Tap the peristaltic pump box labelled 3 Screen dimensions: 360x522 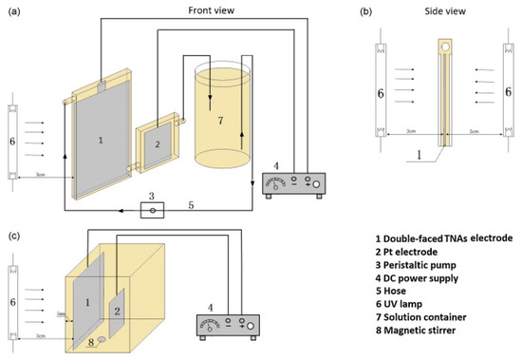click(x=153, y=208)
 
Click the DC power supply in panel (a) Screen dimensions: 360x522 click(x=293, y=180)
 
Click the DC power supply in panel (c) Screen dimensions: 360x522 click(x=229, y=329)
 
